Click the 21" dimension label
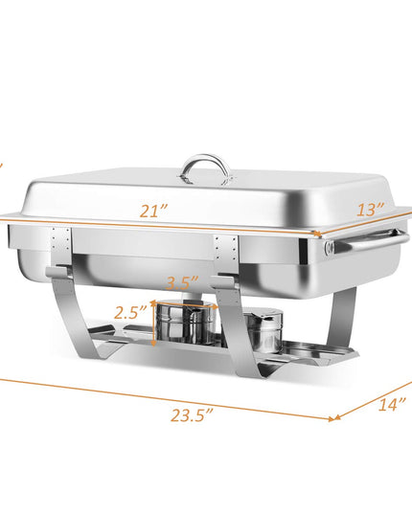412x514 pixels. (153, 211)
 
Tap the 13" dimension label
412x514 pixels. (371, 209)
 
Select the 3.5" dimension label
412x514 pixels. (182, 282)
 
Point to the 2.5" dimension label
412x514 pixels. (130, 312)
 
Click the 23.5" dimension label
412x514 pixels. (192, 415)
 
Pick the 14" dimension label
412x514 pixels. (392, 404)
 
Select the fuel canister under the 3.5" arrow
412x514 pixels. (186, 322)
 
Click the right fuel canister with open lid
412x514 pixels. (264, 330)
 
